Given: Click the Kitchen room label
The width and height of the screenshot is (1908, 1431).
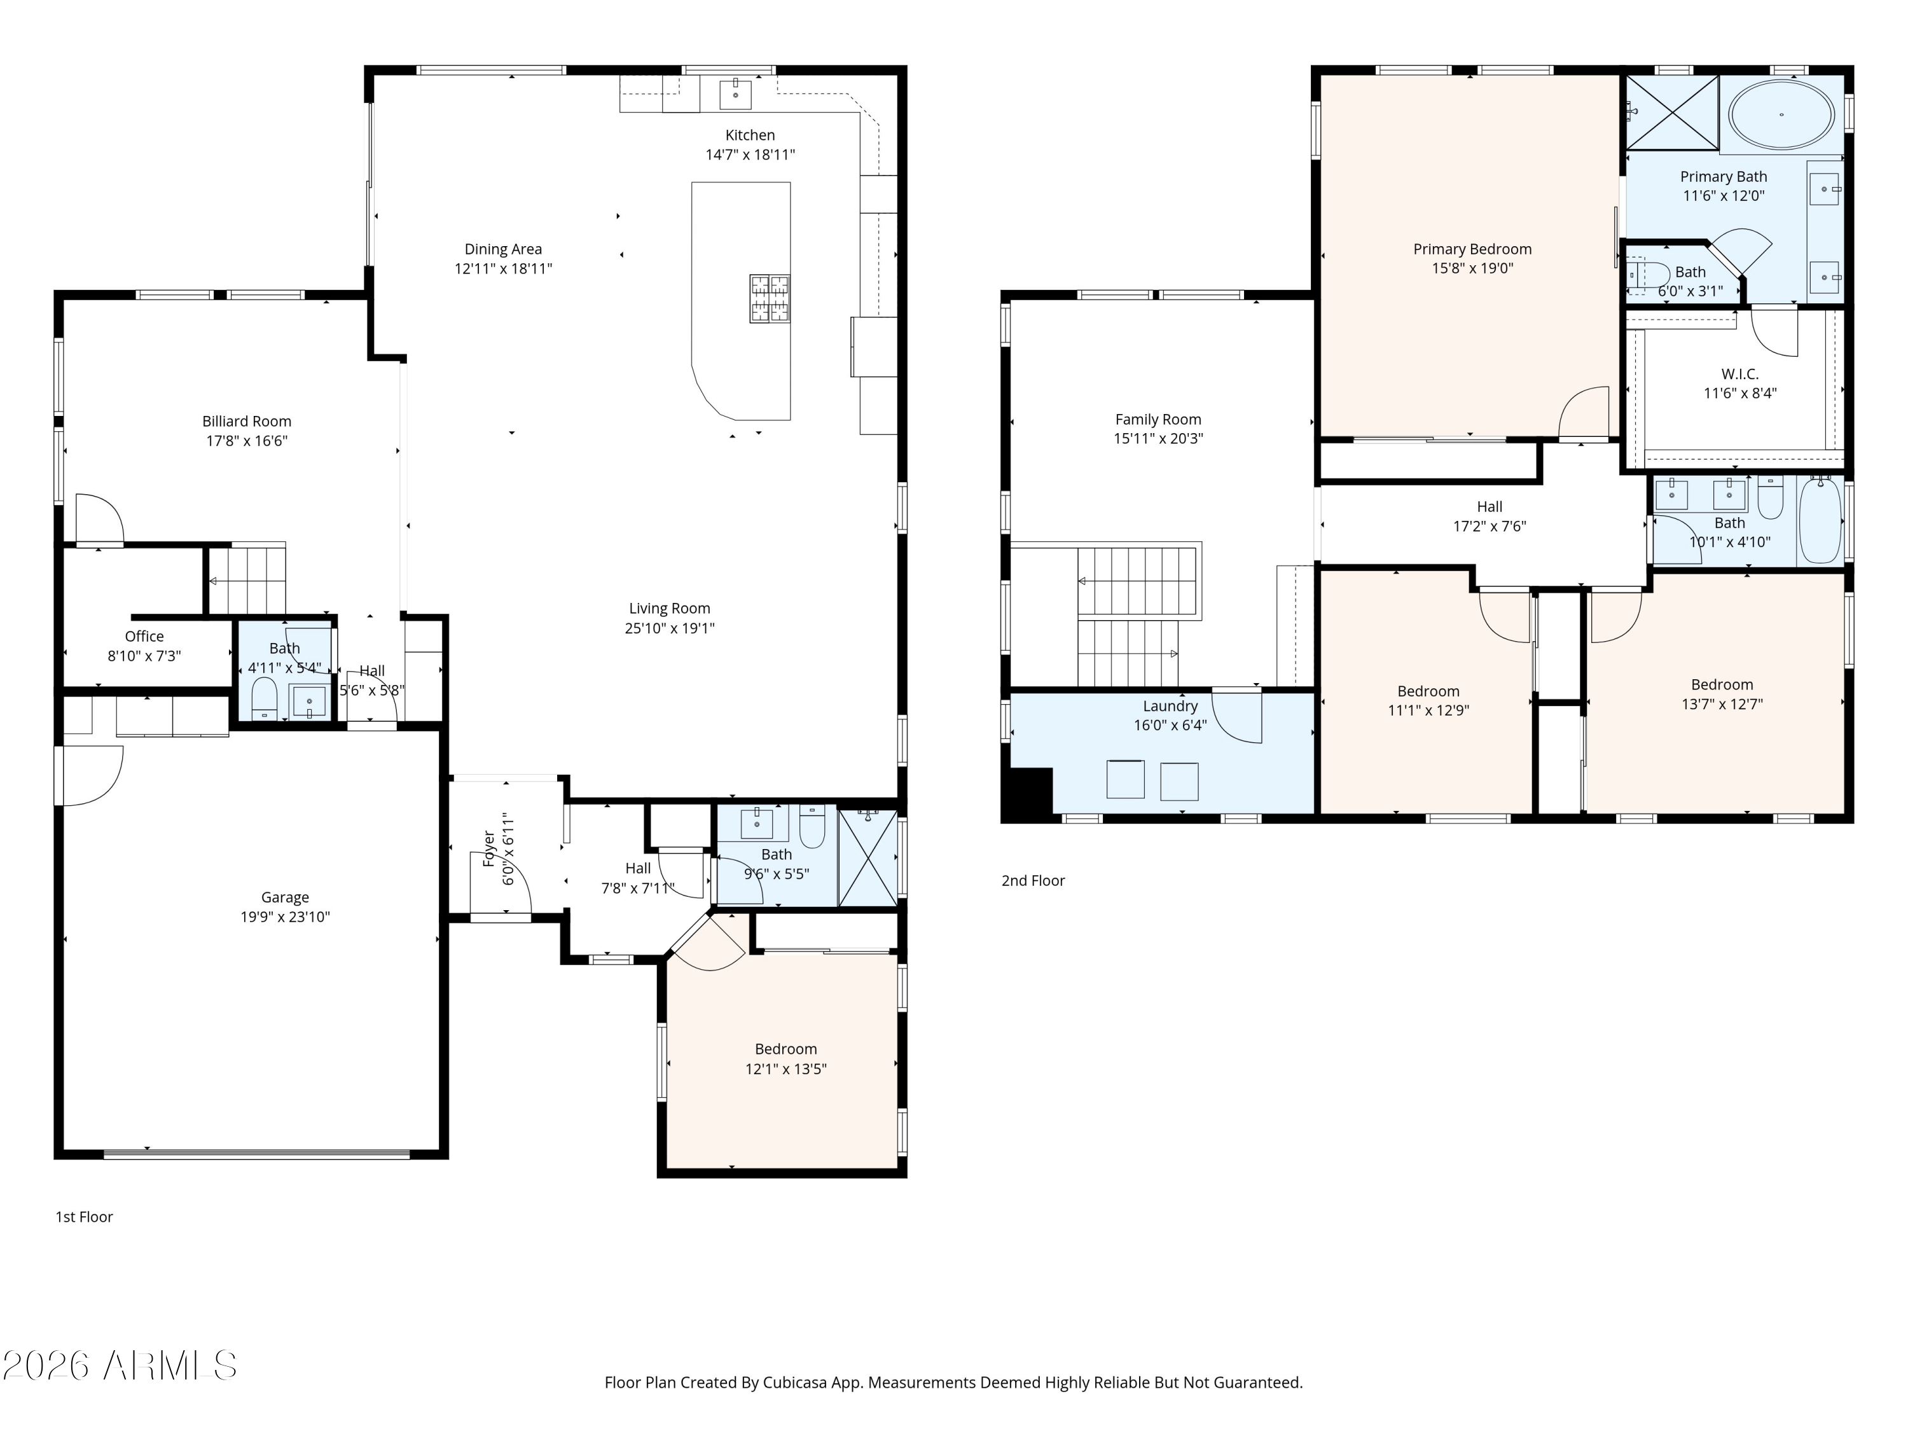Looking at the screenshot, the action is (x=750, y=135).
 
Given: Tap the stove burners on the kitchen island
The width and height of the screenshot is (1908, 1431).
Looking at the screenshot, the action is (x=770, y=298).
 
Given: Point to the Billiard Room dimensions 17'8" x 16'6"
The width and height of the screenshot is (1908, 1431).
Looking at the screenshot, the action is (x=247, y=441).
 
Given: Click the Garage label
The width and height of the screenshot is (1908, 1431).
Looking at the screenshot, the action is (x=285, y=898).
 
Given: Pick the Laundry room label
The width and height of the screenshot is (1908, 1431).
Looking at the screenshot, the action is (x=1170, y=707).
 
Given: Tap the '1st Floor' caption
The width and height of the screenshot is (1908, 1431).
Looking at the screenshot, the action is (x=85, y=1217).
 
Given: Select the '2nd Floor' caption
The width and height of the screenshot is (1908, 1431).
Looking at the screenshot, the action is (x=1032, y=881).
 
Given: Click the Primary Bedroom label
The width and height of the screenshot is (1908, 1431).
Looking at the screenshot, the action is (x=1472, y=249).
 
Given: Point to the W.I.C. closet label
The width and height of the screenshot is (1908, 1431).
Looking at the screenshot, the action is (x=1740, y=375).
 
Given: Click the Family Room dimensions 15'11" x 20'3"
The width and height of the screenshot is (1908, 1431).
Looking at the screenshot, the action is (x=1158, y=438).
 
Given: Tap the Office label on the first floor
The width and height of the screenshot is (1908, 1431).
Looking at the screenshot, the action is (x=144, y=637).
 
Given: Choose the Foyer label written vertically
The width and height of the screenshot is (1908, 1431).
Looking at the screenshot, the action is (x=489, y=849).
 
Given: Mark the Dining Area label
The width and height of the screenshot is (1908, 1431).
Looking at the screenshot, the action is (x=503, y=249).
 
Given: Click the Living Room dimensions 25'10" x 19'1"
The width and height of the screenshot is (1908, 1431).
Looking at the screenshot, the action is (x=669, y=628).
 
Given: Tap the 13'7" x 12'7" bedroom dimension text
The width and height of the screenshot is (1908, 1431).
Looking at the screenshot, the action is (x=1722, y=704).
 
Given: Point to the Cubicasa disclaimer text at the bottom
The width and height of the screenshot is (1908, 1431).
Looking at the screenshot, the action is (x=953, y=1383).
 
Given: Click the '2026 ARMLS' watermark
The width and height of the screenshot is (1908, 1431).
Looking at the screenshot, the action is (x=120, y=1365).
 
